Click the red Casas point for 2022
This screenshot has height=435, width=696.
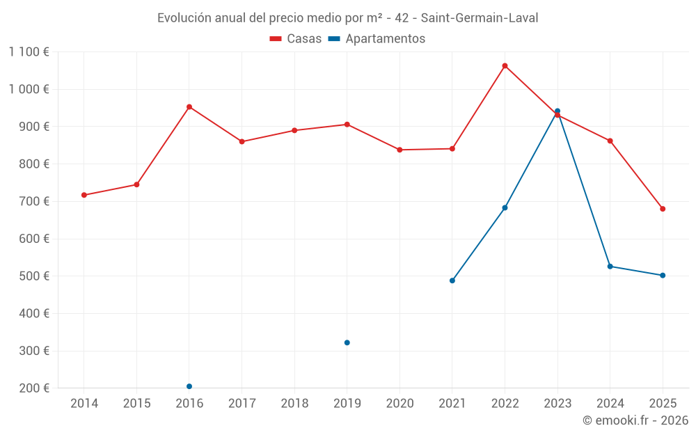click(505, 66)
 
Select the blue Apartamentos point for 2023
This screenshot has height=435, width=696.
click(557, 111)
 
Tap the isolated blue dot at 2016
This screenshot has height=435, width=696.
click(189, 386)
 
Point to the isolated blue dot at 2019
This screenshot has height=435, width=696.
click(347, 342)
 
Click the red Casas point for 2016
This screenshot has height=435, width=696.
click(189, 107)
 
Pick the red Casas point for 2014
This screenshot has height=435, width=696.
click(84, 195)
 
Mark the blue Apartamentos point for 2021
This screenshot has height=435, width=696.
click(452, 280)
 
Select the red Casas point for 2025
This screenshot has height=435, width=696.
click(663, 209)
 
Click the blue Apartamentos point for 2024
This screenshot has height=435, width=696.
click(610, 267)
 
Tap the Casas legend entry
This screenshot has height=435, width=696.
click(296, 39)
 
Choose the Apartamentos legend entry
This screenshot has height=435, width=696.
click(377, 39)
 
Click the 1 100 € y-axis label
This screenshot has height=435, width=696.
click(29, 52)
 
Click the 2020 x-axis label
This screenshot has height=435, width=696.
click(400, 404)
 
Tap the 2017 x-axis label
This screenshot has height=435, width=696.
click(242, 404)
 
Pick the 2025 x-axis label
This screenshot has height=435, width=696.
click(663, 404)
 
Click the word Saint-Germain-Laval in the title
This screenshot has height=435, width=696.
click(479, 17)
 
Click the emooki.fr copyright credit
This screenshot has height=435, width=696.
click(635, 420)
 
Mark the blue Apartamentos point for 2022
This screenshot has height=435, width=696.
click(505, 207)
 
